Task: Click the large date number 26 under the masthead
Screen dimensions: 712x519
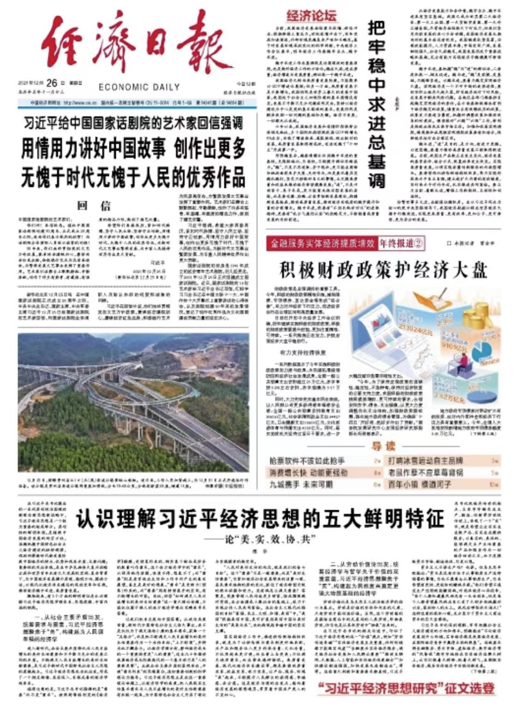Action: click(52, 83)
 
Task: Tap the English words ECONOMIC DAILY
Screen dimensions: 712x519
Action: click(132, 87)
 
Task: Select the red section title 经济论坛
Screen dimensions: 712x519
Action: click(311, 16)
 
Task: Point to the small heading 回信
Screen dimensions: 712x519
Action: click(94, 205)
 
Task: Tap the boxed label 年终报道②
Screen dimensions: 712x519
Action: click(401, 244)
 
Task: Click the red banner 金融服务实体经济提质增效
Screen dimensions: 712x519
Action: click(321, 244)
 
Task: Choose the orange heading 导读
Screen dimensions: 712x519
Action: click(384, 446)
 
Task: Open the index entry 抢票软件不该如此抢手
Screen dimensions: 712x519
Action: click(307, 461)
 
